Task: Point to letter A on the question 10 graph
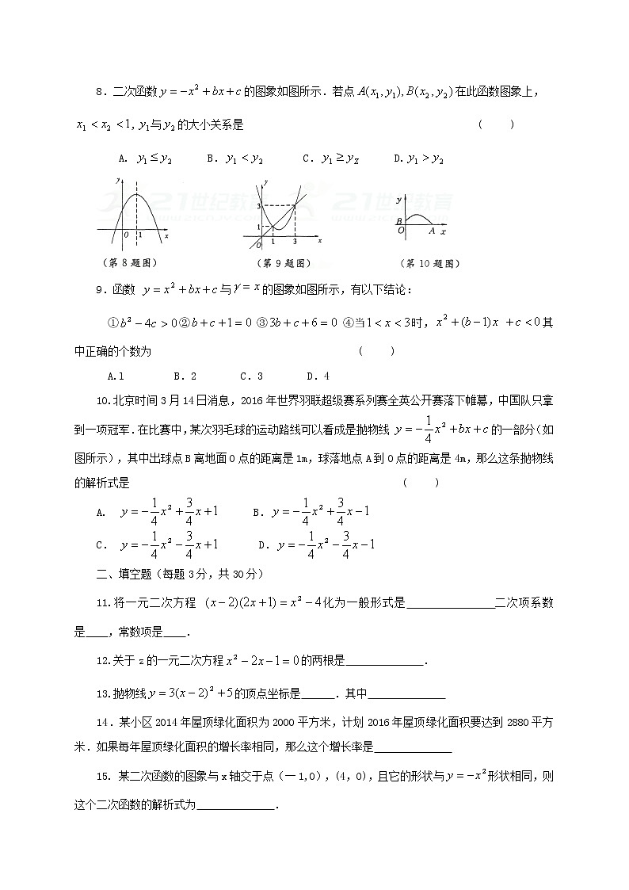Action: click(x=432, y=231)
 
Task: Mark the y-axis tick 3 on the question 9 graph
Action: click(x=258, y=206)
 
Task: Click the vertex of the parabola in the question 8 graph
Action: click(x=139, y=195)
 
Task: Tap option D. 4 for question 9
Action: click(x=317, y=376)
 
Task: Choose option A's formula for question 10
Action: click(x=158, y=512)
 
